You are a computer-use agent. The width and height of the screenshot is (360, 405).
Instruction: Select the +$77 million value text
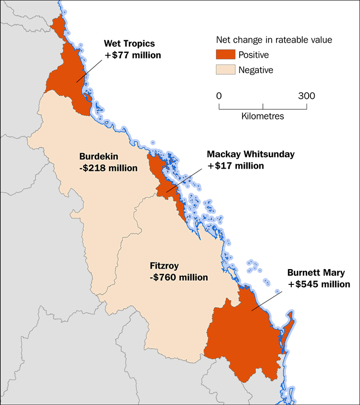(132, 55)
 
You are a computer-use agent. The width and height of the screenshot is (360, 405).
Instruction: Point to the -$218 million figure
(108, 168)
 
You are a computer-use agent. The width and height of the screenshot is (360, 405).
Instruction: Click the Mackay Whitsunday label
(250, 154)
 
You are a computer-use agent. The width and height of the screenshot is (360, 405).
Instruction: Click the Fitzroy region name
(164, 266)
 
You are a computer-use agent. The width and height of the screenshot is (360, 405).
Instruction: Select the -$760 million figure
(178, 277)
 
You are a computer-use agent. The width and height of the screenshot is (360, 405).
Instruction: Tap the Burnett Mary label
(315, 273)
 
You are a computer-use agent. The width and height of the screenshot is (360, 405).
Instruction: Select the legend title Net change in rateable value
(272, 40)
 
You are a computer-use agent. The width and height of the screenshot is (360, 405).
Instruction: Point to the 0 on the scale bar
(219, 96)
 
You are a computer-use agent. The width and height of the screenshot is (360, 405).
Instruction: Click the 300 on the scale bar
(306, 96)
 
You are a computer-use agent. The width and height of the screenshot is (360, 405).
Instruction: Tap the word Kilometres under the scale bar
(262, 116)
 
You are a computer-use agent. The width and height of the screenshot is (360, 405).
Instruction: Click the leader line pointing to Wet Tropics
(90, 71)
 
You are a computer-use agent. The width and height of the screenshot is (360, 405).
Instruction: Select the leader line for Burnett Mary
(269, 300)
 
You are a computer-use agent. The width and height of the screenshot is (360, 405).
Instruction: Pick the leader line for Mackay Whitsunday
(185, 181)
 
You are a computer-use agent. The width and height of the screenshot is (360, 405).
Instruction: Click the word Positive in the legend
(255, 55)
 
